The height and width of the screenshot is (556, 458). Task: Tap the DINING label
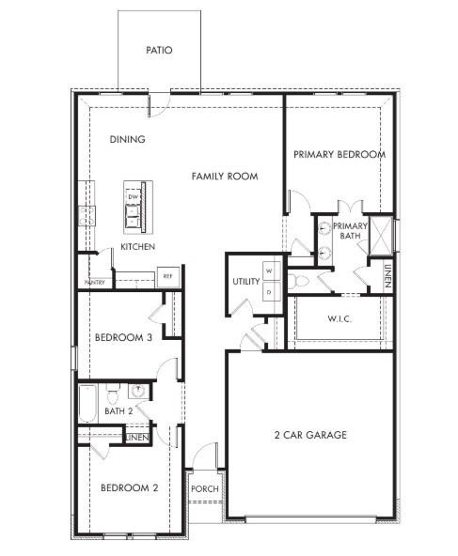click(127, 140)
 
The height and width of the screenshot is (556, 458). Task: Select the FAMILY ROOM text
click(225, 176)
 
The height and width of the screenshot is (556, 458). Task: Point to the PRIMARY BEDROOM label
click(339, 155)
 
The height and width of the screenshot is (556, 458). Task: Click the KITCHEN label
click(137, 247)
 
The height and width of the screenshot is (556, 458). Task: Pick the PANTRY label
click(95, 282)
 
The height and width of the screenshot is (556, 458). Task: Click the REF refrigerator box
click(167, 276)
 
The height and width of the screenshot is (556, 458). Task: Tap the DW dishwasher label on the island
click(134, 196)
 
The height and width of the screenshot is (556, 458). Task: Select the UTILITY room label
click(246, 282)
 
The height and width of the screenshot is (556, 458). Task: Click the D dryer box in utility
click(269, 292)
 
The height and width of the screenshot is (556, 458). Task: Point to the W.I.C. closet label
click(340, 319)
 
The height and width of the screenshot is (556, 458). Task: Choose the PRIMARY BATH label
click(350, 231)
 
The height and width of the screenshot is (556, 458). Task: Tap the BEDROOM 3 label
click(124, 338)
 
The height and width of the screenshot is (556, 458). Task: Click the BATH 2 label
click(119, 410)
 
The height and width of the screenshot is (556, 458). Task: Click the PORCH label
click(204, 489)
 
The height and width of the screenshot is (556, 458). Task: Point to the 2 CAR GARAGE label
click(310, 435)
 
